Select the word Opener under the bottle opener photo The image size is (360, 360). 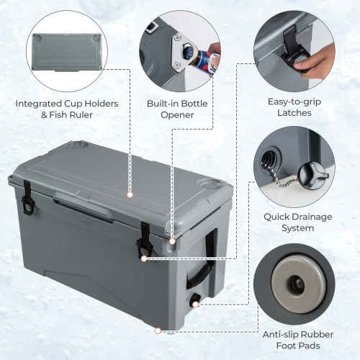coord(175,114)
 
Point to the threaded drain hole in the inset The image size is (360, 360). coord(269,158)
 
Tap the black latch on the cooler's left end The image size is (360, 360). coord(27,197)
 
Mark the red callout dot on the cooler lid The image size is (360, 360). coord(130,194)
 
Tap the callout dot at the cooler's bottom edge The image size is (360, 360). coord(158,332)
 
